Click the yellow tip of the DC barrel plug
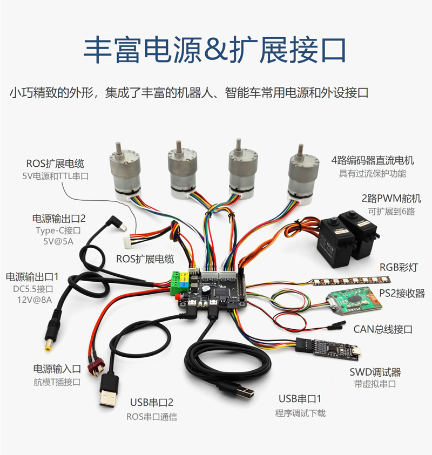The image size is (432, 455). pyautogui.click(x=48, y=347)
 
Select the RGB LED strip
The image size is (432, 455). pyautogui.click(x=351, y=281)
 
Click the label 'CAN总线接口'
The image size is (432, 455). pyautogui.click(x=383, y=329)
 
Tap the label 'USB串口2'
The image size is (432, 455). pyautogui.click(x=151, y=403)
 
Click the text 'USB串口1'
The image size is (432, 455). pyautogui.click(x=300, y=399)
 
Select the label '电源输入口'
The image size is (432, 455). pyautogui.click(x=57, y=369)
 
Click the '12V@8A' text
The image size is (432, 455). pyautogui.click(x=34, y=300)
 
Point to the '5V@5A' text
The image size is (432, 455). pyautogui.click(x=58, y=241)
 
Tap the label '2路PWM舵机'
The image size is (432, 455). pyautogui.click(x=391, y=199)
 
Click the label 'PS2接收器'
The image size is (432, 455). pyautogui.click(x=402, y=293)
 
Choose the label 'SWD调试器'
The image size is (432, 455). pyautogui.click(x=375, y=372)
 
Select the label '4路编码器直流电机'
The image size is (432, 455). pyautogui.click(x=373, y=160)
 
